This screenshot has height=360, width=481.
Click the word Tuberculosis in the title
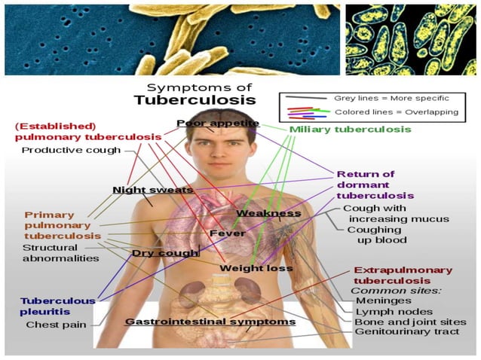(195, 99)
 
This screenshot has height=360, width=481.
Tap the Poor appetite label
(218, 123)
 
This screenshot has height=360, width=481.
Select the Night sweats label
(153, 190)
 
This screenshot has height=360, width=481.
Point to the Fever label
(226, 233)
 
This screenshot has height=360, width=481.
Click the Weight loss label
(256, 268)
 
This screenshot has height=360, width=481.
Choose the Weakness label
(268, 213)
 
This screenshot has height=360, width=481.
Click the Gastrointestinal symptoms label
(210, 322)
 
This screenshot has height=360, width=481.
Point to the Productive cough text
(71, 150)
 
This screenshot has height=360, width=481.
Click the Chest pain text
(56, 325)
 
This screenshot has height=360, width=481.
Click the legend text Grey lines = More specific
(391, 98)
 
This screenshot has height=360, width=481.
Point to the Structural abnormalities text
(60, 252)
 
